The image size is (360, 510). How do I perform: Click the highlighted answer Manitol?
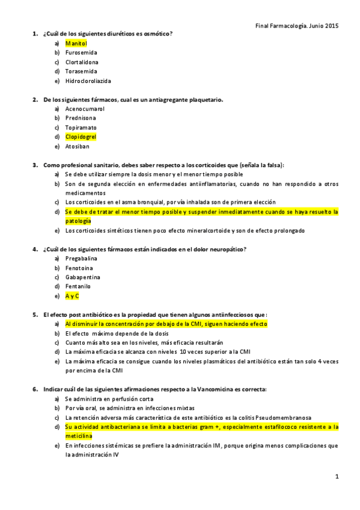coord(76,44)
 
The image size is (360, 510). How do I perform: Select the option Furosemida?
coord(81,53)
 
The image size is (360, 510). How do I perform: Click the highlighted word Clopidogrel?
coord(81,137)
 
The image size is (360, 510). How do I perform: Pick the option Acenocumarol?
coord(85,109)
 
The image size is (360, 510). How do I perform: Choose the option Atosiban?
coord(78,146)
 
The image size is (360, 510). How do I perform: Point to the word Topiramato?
coord(81,127)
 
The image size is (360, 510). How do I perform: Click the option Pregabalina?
coord(81,258)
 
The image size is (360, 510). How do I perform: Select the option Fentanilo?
coord(79,286)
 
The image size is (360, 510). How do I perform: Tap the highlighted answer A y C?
coord(72,296)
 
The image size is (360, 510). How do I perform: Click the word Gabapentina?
coord(82,277)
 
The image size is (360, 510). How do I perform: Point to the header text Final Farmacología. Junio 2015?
coord(297,25)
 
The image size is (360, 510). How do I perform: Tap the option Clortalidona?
coord(82,62)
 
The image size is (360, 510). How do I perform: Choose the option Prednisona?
coord(81,118)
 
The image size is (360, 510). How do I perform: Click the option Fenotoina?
coord(79,268)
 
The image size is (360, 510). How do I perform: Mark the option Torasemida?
coord(81,72)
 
